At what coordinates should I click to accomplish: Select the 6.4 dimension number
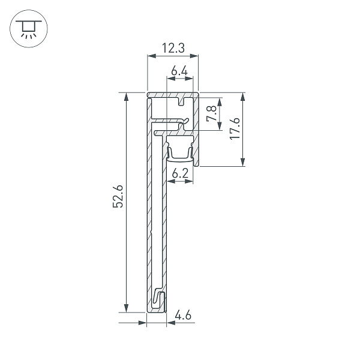179,72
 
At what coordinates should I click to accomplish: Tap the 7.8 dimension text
211,113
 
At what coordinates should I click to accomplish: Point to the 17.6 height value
235,130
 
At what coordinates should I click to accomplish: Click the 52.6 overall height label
118,197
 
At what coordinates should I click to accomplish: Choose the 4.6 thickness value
183,314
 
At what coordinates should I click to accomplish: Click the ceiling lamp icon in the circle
26,28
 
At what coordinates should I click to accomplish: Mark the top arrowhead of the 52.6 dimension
127,97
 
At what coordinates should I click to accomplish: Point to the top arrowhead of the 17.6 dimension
243,97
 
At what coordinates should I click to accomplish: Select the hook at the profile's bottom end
158,299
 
